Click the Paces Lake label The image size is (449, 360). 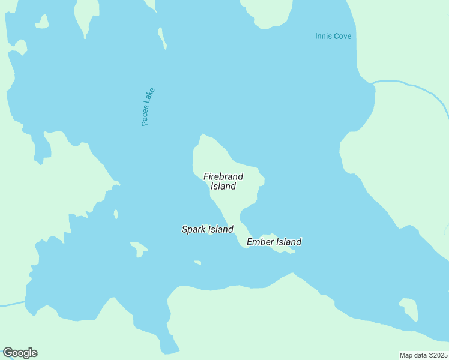coord(148,107)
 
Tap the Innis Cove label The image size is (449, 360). coord(333,37)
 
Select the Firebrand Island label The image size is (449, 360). coord(223,181)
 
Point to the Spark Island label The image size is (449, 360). coord(208,229)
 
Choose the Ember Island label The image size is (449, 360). coord(274,242)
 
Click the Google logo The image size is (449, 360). coord(20,353)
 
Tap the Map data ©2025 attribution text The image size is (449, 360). coord(423,355)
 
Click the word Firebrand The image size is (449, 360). coord(223,176)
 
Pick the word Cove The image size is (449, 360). coord(342,37)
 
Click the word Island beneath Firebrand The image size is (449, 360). coord(223,186)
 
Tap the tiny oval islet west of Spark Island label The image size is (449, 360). coord(116,214)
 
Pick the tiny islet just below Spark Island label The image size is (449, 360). coord(197,262)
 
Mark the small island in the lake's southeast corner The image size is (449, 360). coord(409,308)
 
